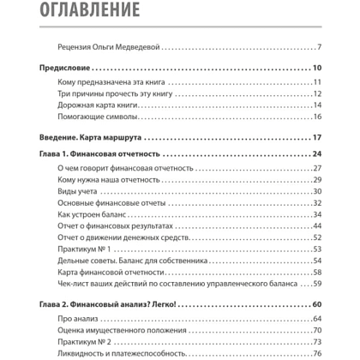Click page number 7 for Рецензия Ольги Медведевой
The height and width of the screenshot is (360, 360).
[318, 47]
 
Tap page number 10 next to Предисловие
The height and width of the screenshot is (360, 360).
[315, 68]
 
